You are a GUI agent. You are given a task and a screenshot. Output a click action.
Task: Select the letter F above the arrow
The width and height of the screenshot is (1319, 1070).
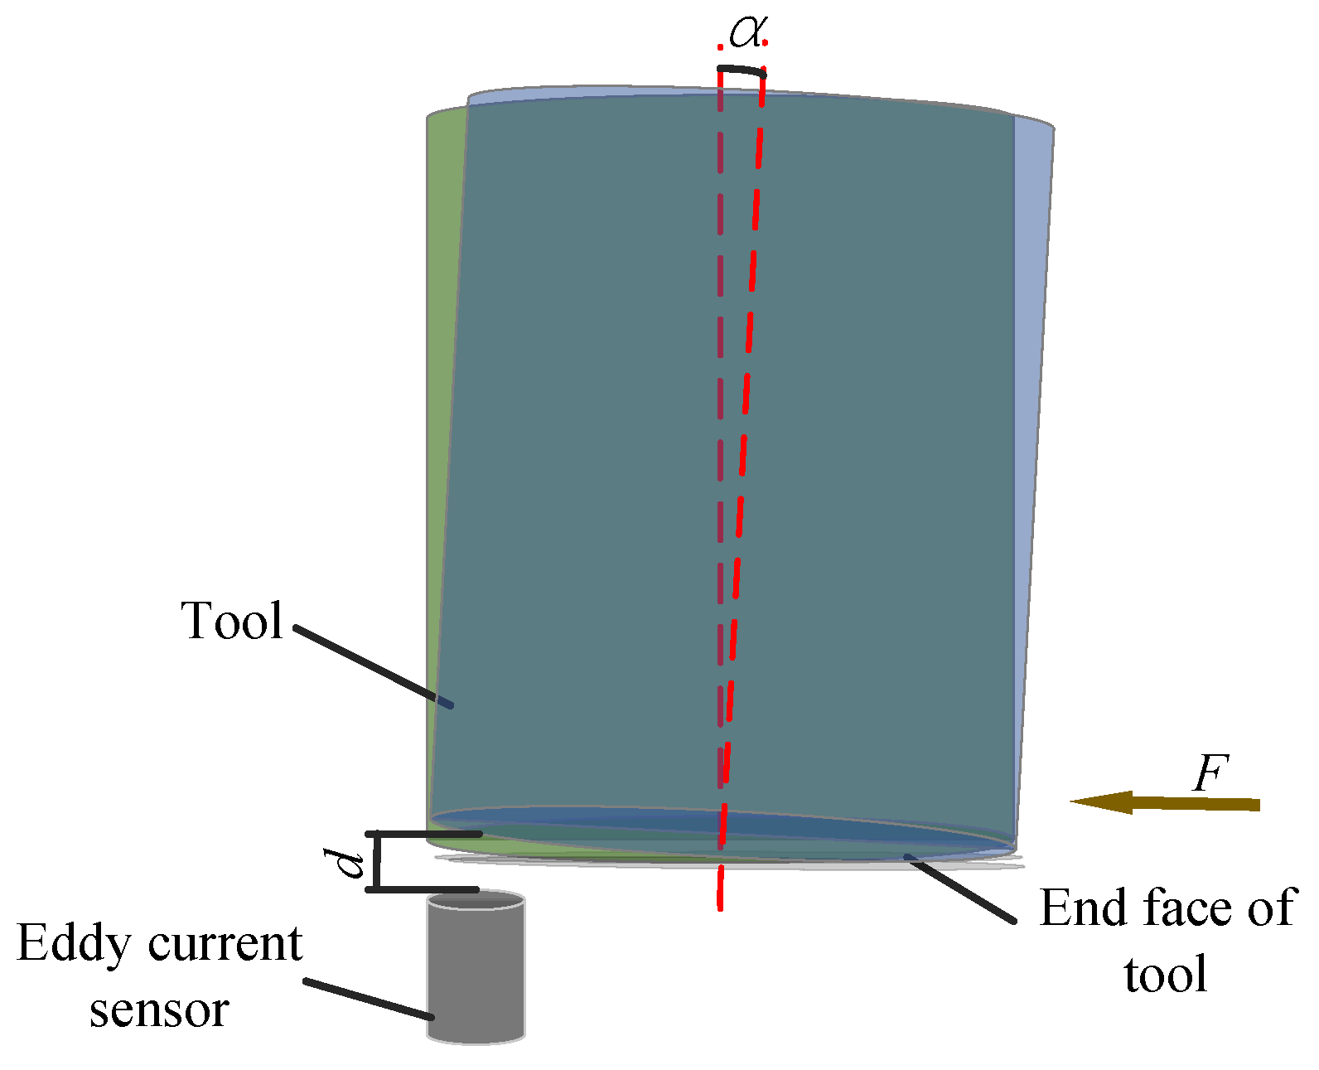(x=1210, y=774)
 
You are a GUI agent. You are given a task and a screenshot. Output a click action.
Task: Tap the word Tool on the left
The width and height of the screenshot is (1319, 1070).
(x=233, y=621)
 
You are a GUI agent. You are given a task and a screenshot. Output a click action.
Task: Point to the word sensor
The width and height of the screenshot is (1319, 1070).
(x=159, y=1009)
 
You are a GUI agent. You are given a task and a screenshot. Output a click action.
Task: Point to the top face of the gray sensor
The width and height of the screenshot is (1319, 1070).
(x=476, y=900)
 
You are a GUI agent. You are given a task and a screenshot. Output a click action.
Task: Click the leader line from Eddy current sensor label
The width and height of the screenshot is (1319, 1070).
(x=369, y=999)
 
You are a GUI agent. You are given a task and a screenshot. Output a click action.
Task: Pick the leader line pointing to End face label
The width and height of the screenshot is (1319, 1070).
(x=961, y=888)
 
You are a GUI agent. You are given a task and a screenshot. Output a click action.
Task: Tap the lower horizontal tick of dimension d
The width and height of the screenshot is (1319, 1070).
(x=423, y=889)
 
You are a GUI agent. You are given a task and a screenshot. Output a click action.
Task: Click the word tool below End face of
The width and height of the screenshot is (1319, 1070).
(x=1165, y=975)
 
